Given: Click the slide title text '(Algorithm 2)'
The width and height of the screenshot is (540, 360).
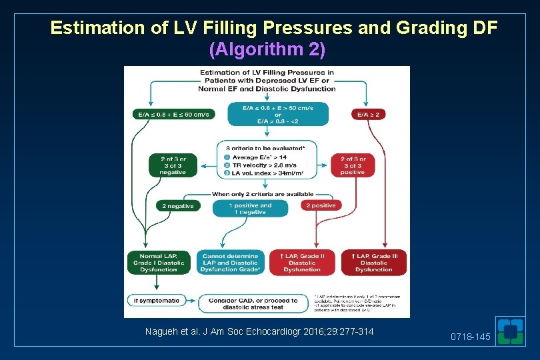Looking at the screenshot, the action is (267, 49).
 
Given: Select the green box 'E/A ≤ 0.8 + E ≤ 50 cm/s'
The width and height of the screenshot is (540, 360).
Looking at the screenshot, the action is (173, 114).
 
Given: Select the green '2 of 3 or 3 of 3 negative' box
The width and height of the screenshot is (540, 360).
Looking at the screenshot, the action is (173, 165).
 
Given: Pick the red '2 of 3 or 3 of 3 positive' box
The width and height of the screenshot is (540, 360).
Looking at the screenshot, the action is (353, 165).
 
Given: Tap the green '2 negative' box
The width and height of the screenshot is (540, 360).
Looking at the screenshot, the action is (178, 206).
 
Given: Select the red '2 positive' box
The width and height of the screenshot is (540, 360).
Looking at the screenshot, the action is (321, 206).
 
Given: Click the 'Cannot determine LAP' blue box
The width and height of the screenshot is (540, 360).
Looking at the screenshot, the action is (230, 263).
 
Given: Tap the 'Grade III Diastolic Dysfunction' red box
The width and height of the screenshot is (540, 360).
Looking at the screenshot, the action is (373, 263).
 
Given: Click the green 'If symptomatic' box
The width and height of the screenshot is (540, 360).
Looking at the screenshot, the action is (157, 301).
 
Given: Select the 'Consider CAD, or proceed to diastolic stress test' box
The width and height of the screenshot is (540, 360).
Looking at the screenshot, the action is (254, 304).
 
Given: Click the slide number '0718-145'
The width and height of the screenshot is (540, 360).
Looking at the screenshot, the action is (470, 337).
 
